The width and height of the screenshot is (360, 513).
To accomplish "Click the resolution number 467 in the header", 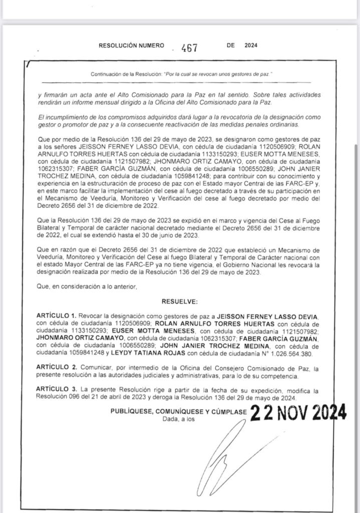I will coord(190,48).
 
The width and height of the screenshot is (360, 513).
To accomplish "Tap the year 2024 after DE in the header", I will coord(250,45).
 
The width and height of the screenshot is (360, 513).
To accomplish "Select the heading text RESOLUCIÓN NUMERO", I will coord(131,45).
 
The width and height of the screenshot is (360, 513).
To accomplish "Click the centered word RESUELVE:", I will coord(180,302).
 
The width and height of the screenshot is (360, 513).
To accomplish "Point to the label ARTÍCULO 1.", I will coord(56,317).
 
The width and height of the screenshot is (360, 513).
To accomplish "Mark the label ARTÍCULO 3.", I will coord(56,389).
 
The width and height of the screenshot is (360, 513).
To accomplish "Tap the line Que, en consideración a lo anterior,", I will coord(86,287).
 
